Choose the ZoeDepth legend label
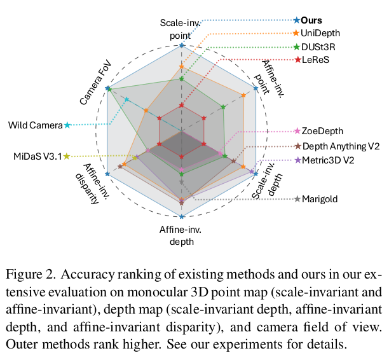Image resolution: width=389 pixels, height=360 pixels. [x=322, y=131]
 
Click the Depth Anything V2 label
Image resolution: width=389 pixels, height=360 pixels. [x=341, y=146]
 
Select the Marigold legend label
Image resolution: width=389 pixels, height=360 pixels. [x=320, y=199]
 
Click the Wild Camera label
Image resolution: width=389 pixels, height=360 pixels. [x=36, y=125]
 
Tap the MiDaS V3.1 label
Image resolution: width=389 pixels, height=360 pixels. [x=38, y=156]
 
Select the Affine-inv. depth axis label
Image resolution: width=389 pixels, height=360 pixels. [x=182, y=235]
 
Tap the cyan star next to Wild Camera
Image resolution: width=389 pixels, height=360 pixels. [x=68, y=125]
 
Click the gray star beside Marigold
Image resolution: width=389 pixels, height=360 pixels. [x=296, y=199]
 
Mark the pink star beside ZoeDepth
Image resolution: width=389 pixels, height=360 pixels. [x=296, y=131]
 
